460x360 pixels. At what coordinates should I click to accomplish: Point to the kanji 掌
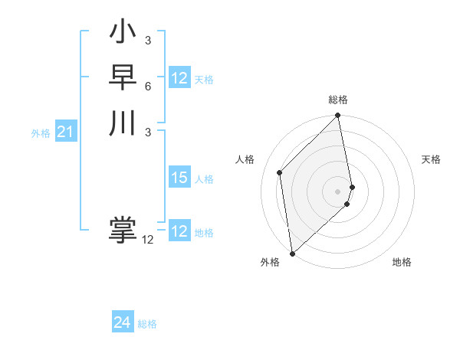[123, 231]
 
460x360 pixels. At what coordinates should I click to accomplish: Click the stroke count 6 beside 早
[147, 86]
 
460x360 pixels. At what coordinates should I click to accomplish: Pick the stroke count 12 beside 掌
[147, 240]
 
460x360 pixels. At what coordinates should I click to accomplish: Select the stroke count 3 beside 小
[147, 41]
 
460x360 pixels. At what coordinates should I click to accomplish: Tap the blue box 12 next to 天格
[179, 78]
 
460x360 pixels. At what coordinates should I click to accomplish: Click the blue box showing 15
[179, 178]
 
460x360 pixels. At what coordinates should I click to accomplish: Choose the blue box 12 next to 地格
[179, 231]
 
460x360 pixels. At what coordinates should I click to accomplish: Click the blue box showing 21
[66, 133]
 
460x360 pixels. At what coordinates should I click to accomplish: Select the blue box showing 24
[123, 323]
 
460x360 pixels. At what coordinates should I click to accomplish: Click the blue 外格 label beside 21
[41, 133]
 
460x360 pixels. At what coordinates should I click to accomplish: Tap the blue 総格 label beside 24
[147, 324]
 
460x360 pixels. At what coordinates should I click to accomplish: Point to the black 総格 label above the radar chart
[338, 100]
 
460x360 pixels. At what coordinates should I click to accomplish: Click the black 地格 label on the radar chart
[402, 262]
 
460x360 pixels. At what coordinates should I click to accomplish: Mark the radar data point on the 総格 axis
[338, 116]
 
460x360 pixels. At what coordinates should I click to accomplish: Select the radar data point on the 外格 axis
[292, 254]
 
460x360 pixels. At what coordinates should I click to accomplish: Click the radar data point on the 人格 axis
[280, 172]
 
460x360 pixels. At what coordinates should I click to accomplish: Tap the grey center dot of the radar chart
[338, 191]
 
